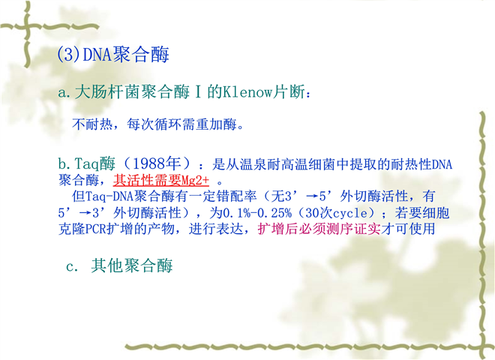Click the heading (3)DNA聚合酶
(113, 54)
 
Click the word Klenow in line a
(248, 92)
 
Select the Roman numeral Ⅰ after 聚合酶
(198, 92)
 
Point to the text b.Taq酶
(86, 163)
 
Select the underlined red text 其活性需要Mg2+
(161, 180)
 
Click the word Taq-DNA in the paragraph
(109, 196)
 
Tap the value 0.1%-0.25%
(257, 213)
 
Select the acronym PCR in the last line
(96, 229)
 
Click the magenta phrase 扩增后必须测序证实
(319, 229)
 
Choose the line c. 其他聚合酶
(119, 265)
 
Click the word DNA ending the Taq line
(442, 164)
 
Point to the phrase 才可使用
(408, 229)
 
